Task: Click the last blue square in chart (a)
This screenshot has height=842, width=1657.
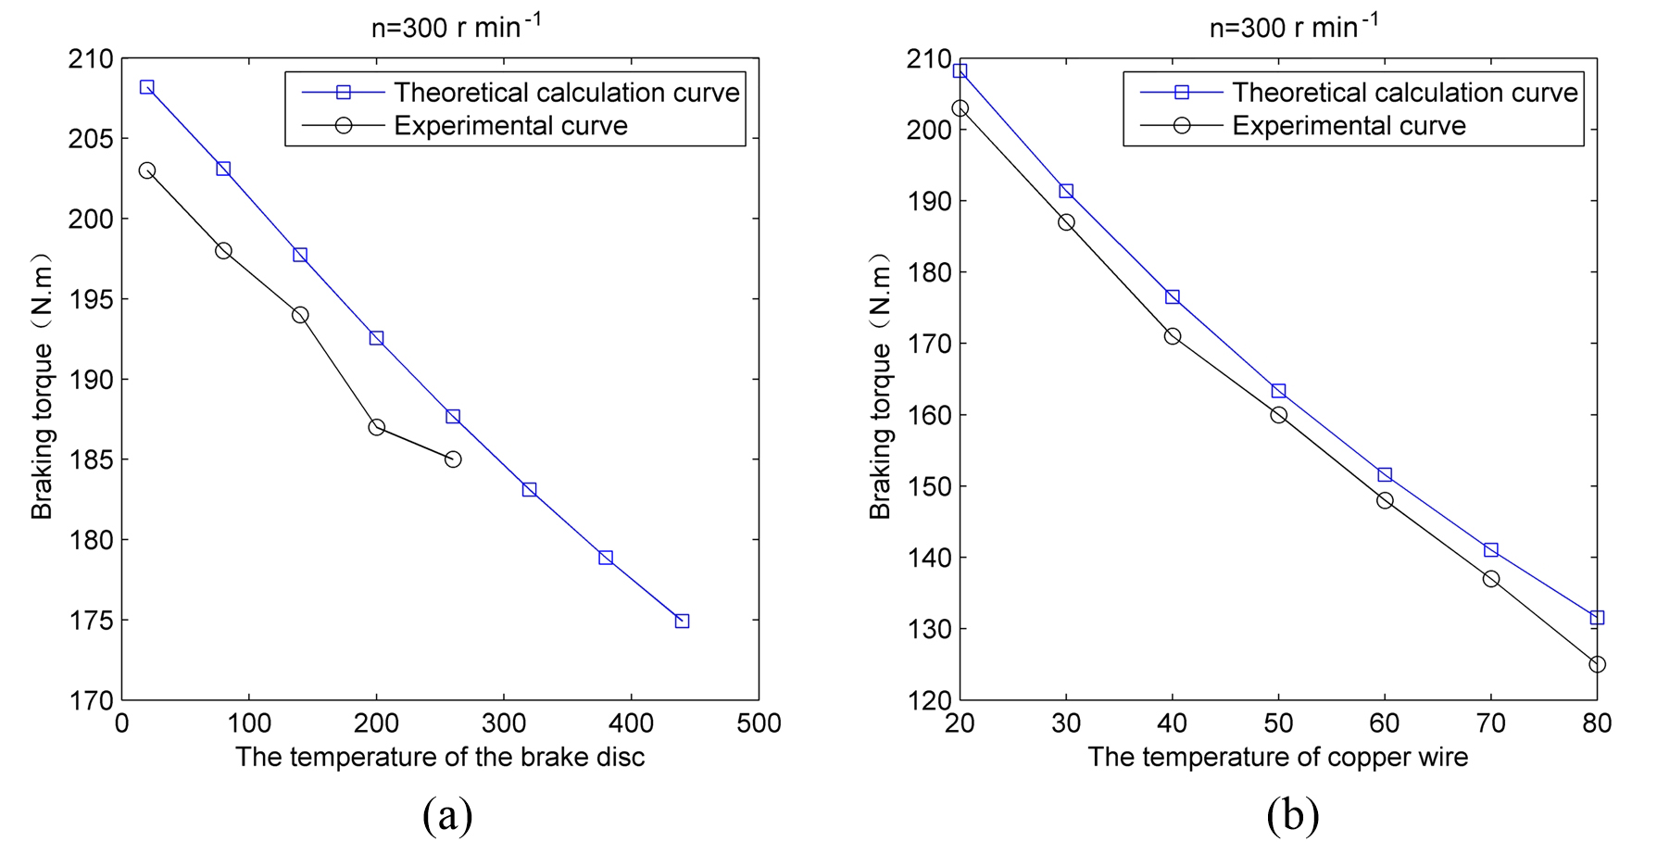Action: click(682, 621)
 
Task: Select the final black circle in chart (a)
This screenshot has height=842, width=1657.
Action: click(453, 459)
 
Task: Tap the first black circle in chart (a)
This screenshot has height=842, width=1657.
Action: click(146, 170)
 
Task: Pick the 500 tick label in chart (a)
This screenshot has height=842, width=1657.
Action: click(759, 723)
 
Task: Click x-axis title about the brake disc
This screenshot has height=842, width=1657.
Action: click(440, 757)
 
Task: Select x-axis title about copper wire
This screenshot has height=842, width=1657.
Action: click(1277, 757)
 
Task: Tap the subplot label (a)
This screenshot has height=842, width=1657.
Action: click(447, 815)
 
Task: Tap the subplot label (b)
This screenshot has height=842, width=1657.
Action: click(1292, 815)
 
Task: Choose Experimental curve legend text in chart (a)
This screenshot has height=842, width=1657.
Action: click(510, 125)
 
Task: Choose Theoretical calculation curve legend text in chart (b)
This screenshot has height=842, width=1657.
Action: click(1404, 93)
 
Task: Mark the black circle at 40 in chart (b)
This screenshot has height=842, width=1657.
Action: click(1173, 336)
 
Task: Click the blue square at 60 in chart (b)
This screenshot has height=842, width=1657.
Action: click(1385, 474)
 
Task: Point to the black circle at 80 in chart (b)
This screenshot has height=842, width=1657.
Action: click(1597, 664)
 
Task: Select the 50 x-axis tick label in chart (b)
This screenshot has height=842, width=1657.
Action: click(1278, 723)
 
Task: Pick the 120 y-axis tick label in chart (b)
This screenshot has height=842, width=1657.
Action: click(929, 700)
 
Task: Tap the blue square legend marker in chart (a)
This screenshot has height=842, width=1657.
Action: click(344, 93)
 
